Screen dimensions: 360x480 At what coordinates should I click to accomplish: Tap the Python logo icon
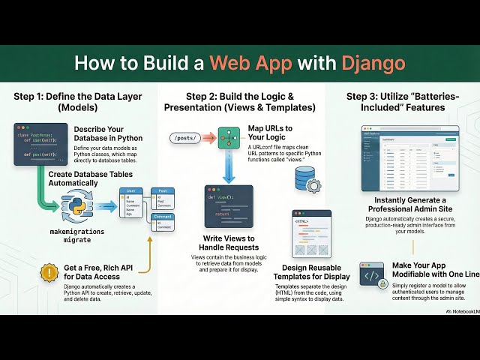coord(76,203)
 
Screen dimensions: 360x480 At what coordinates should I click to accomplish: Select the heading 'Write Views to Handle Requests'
coord(229,243)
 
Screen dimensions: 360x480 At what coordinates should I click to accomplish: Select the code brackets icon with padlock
coord(373,276)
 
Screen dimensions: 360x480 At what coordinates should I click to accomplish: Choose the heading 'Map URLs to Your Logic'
coord(273,133)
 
